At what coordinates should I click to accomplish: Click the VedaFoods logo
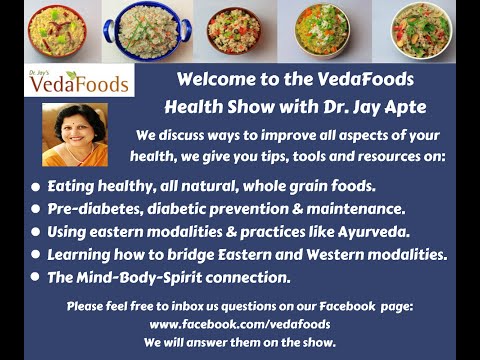click(79, 80)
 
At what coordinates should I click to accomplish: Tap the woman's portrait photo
click(75, 134)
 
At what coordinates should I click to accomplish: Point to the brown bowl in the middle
click(234, 31)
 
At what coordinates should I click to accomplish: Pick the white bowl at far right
click(421, 31)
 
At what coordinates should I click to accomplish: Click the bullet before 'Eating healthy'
click(35, 187)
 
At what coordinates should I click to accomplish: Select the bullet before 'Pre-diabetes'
click(35, 209)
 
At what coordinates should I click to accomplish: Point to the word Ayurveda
click(374, 232)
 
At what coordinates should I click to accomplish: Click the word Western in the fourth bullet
click(335, 255)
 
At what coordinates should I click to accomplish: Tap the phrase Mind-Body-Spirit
click(139, 278)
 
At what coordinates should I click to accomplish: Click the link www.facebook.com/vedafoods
click(240, 324)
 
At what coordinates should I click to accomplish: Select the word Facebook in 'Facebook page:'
click(347, 306)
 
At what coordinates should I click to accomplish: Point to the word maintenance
click(356, 209)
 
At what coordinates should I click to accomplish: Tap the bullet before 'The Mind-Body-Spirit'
click(35, 277)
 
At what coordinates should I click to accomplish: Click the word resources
click(388, 156)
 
